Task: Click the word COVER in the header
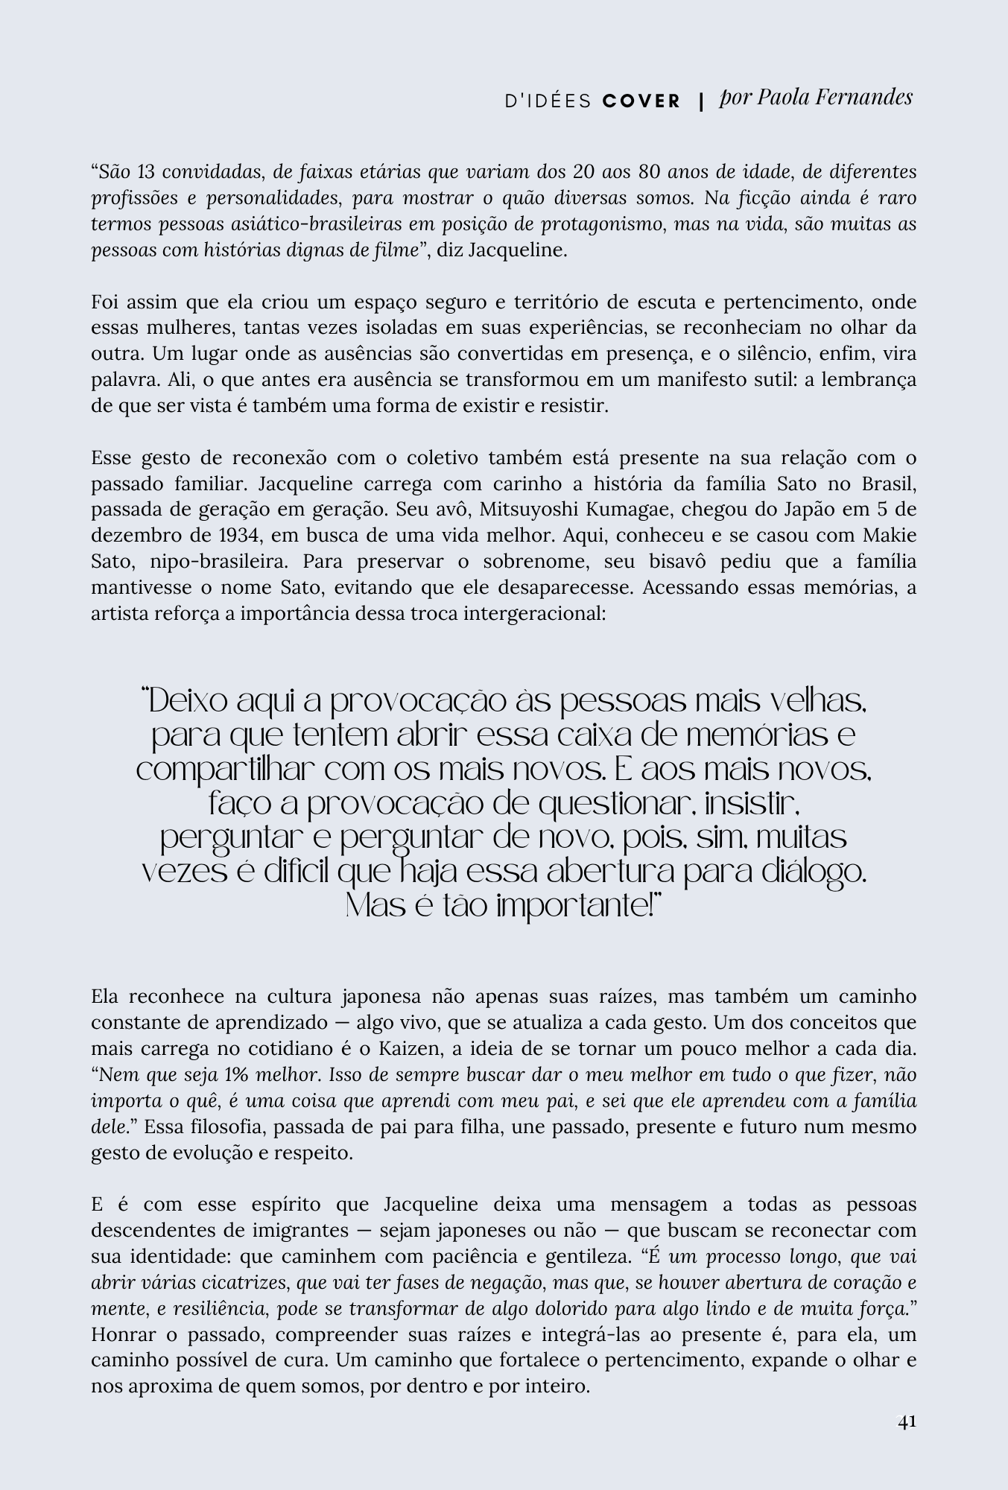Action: click(x=641, y=101)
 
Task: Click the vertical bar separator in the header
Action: click(x=701, y=102)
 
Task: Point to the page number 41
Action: click(x=907, y=1421)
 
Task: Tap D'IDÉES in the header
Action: click(x=548, y=101)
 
